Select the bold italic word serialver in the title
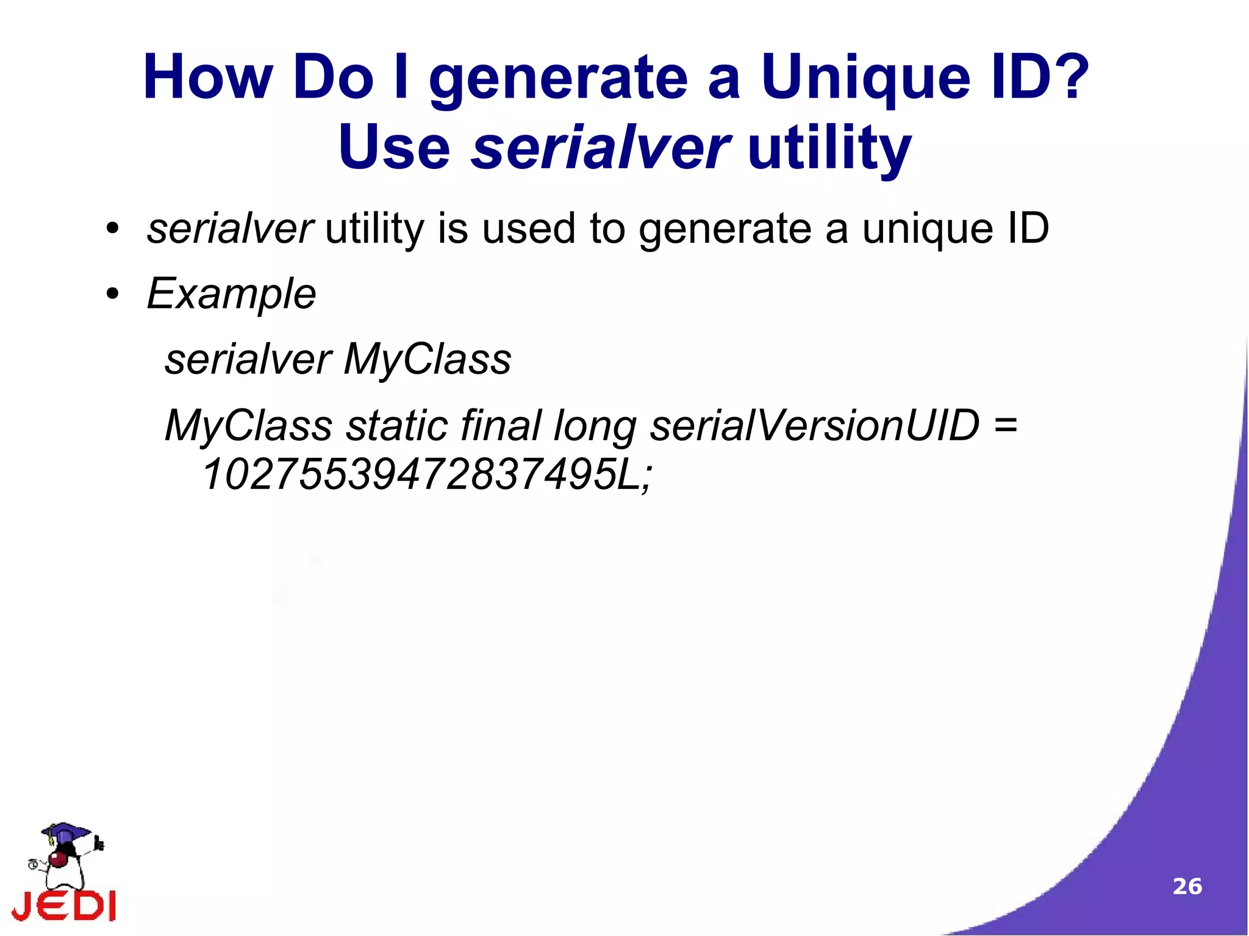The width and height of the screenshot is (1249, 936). pyautogui.click(x=600, y=148)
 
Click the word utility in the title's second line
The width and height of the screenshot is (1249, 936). pyautogui.click(x=829, y=148)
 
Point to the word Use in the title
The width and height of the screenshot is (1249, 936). pyautogui.click(x=394, y=148)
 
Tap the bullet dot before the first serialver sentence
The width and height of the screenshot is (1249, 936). pyautogui.click(x=112, y=229)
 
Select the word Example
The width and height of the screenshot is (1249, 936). pyautogui.click(x=232, y=294)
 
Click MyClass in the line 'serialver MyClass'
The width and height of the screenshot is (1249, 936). pyautogui.click(x=427, y=360)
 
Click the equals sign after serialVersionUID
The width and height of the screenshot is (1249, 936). pyautogui.click(x=1005, y=425)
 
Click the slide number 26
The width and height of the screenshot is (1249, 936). pyautogui.click(x=1187, y=887)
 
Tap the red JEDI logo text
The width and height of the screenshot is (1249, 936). pyautogui.click(x=64, y=906)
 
